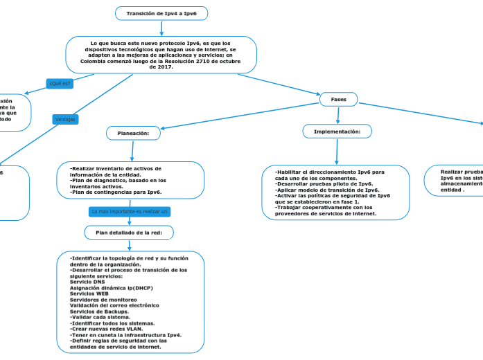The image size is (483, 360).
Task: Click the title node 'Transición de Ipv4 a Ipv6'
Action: pyautogui.click(x=161, y=14)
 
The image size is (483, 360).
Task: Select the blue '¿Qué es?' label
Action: pyautogui.click(x=60, y=84)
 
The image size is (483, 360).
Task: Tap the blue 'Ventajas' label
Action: pyautogui.click(x=66, y=119)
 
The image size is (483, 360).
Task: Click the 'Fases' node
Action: pyautogui.click(x=338, y=100)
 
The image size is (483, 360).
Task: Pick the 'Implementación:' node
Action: pyautogui.click(x=337, y=131)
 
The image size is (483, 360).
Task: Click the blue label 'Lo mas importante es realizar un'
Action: pyautogui.click(x=130, y=210)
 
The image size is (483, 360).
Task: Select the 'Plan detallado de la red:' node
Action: pyautogui.click(x=129, y=233)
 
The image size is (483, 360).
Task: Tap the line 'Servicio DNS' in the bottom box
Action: pyautogui.click(x=87, y=282)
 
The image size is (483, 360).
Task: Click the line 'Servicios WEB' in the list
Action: pyautogui.click(x=89, y=294)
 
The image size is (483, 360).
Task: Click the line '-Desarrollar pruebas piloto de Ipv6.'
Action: pyautogui.click(x=324, y=183)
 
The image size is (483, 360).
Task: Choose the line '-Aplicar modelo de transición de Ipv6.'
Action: pyautogui.click(x=327, y=190)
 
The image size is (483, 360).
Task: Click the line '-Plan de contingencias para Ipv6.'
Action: pyautogui.click(x=116, y=192)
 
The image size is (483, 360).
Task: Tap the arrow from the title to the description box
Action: pyautogui.click(x=161, y=28)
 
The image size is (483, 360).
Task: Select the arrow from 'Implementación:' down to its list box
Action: pyautogui.click(x=337, y=151)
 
